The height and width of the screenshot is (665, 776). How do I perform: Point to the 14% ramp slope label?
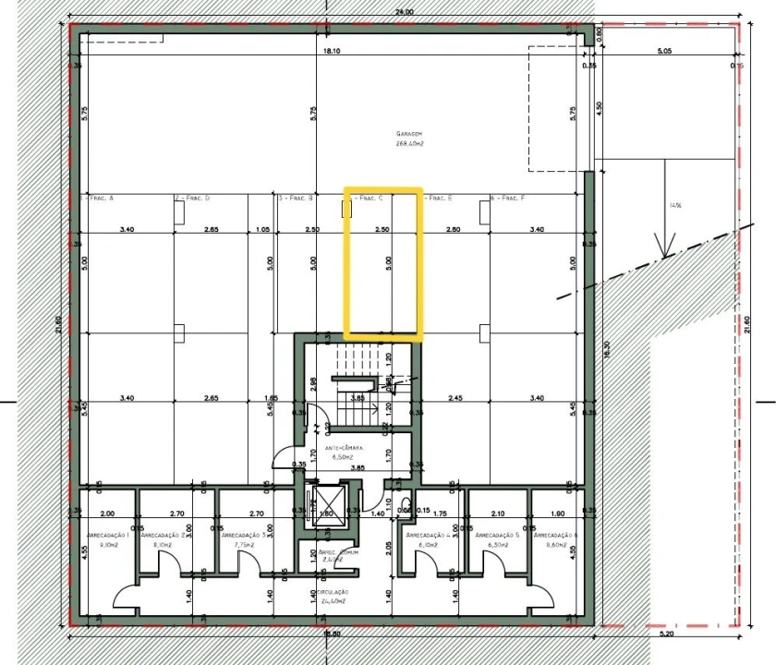(676, 206)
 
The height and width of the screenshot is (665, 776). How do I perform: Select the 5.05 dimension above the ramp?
(663, 52)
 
